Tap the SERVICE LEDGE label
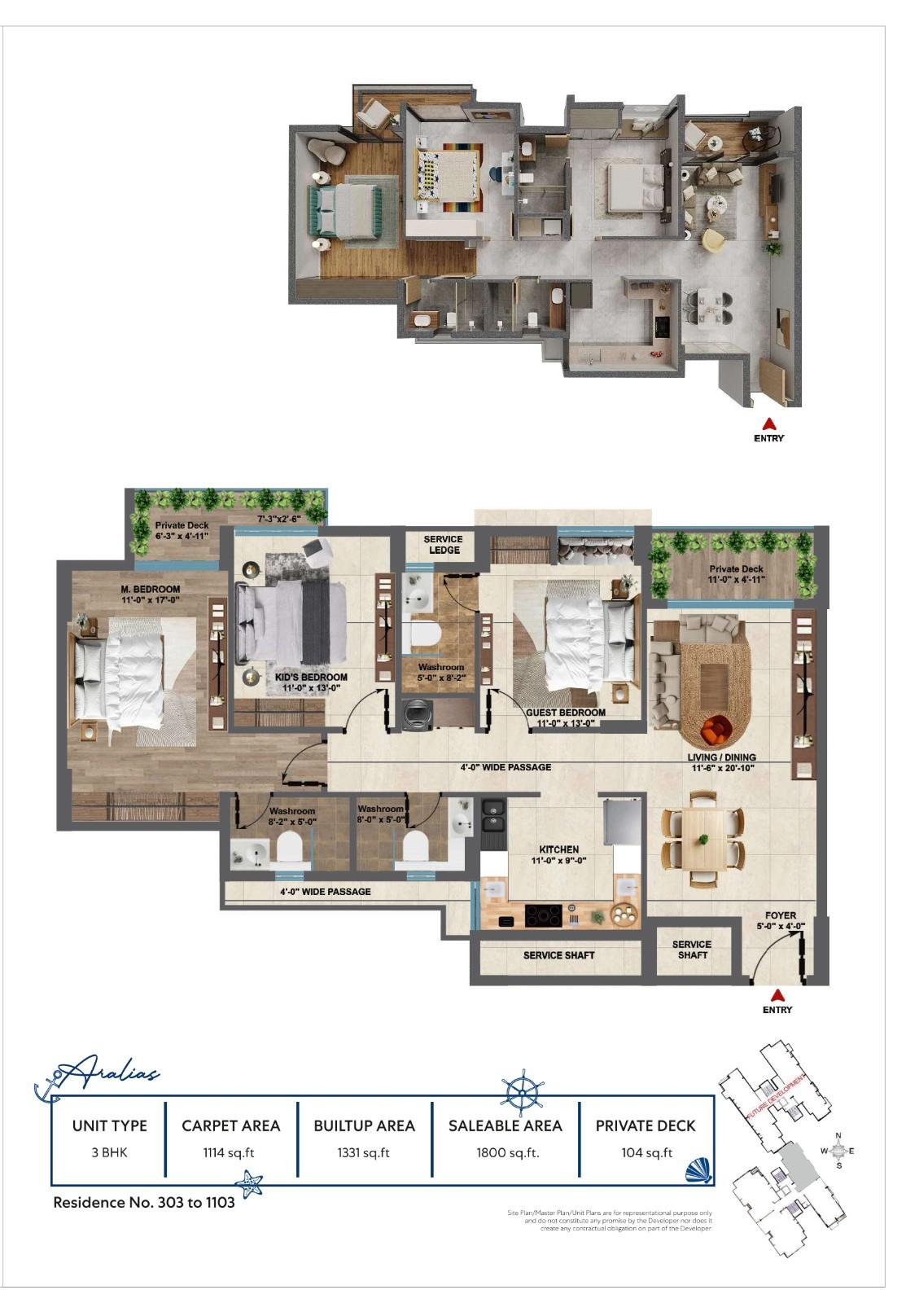pos(443,544)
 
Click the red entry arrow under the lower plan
pos(777,994)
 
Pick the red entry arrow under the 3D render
pos(768,423)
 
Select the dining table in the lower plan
pos(702,838)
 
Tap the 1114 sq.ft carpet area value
pos(230,1152)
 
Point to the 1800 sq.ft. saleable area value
pos(506,1152)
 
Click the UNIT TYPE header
pos(110,1125)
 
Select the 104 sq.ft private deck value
pos(646,1152)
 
